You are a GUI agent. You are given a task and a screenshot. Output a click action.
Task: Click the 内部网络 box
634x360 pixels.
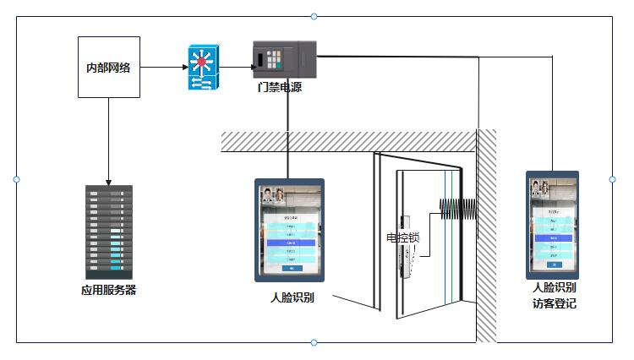point(108,68)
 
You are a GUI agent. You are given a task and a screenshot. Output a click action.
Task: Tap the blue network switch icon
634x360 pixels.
point(203,68)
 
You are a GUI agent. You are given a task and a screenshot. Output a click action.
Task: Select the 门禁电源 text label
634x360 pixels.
point(280,87)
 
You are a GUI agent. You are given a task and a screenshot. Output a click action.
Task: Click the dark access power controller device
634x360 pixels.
point(285,59)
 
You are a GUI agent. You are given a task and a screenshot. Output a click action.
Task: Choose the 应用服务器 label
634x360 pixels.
point(108,290)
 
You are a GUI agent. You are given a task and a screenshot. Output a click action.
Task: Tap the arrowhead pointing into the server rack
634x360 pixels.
point(108,181)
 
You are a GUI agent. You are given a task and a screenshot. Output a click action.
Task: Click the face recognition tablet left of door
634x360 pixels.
point(290,229)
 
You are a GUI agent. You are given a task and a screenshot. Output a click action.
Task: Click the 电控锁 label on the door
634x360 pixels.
point(402,237)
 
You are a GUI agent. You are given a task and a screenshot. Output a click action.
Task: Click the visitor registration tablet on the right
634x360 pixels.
point(552,225)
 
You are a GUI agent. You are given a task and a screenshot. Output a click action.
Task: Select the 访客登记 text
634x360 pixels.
point(554,303)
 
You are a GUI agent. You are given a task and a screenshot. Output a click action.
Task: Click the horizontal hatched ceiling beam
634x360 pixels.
point(347,141)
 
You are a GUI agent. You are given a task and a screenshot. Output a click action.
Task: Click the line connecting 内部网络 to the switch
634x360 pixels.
point(163,68)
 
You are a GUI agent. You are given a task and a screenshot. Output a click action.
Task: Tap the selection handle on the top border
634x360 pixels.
point(314,16)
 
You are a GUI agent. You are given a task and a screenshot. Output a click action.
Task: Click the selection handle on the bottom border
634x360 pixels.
point(314,342)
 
